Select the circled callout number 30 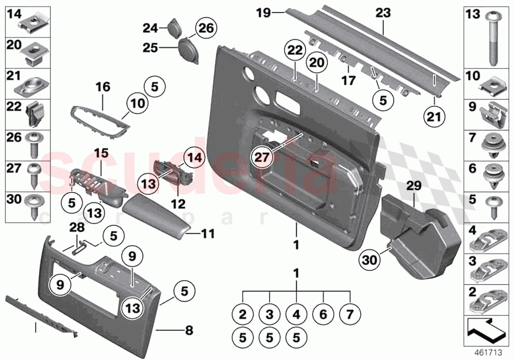point(371,260)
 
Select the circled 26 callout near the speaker point(206,28)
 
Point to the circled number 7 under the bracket point(350,314)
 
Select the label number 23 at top point(383,13)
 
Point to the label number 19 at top point(263,12)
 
